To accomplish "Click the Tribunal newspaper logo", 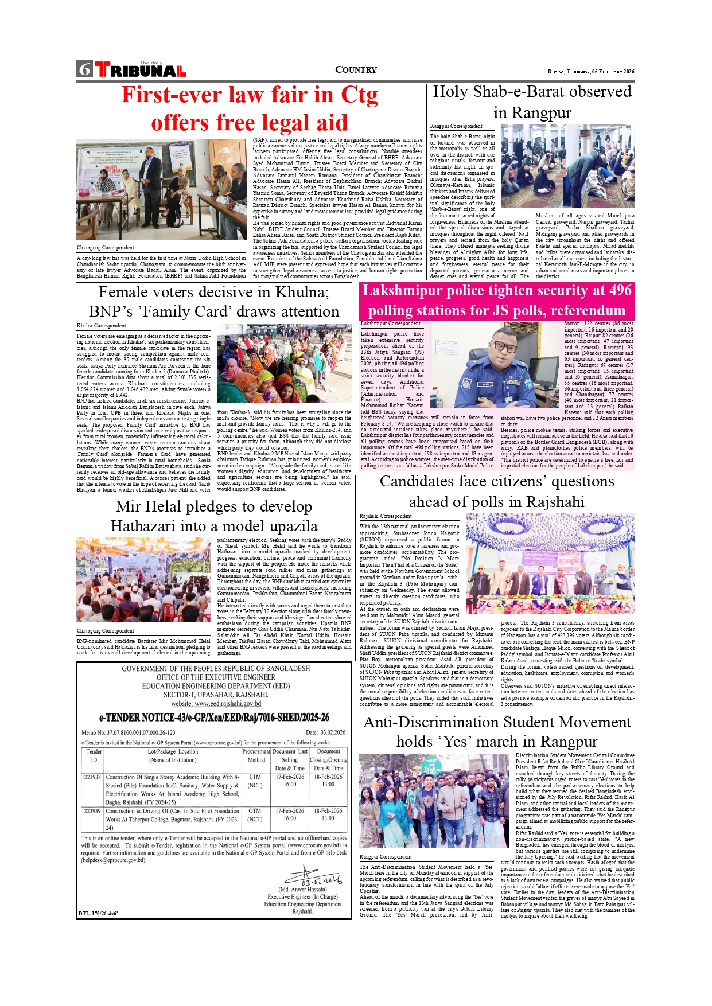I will (x=141, y=69).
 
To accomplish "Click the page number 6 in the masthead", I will (x=85, y=69).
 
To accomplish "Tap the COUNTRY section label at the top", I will (x=356, y=70).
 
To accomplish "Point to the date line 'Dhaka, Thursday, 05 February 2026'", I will (x=591, y=72).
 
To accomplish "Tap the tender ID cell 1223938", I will (x=91, y=777).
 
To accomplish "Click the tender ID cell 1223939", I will (x=91, y=811).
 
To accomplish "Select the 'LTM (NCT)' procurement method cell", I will (x=255, y=781).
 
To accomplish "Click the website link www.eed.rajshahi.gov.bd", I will (x=216, y=703).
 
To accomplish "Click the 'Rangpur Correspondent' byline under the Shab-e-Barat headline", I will (x=456, y=126).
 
